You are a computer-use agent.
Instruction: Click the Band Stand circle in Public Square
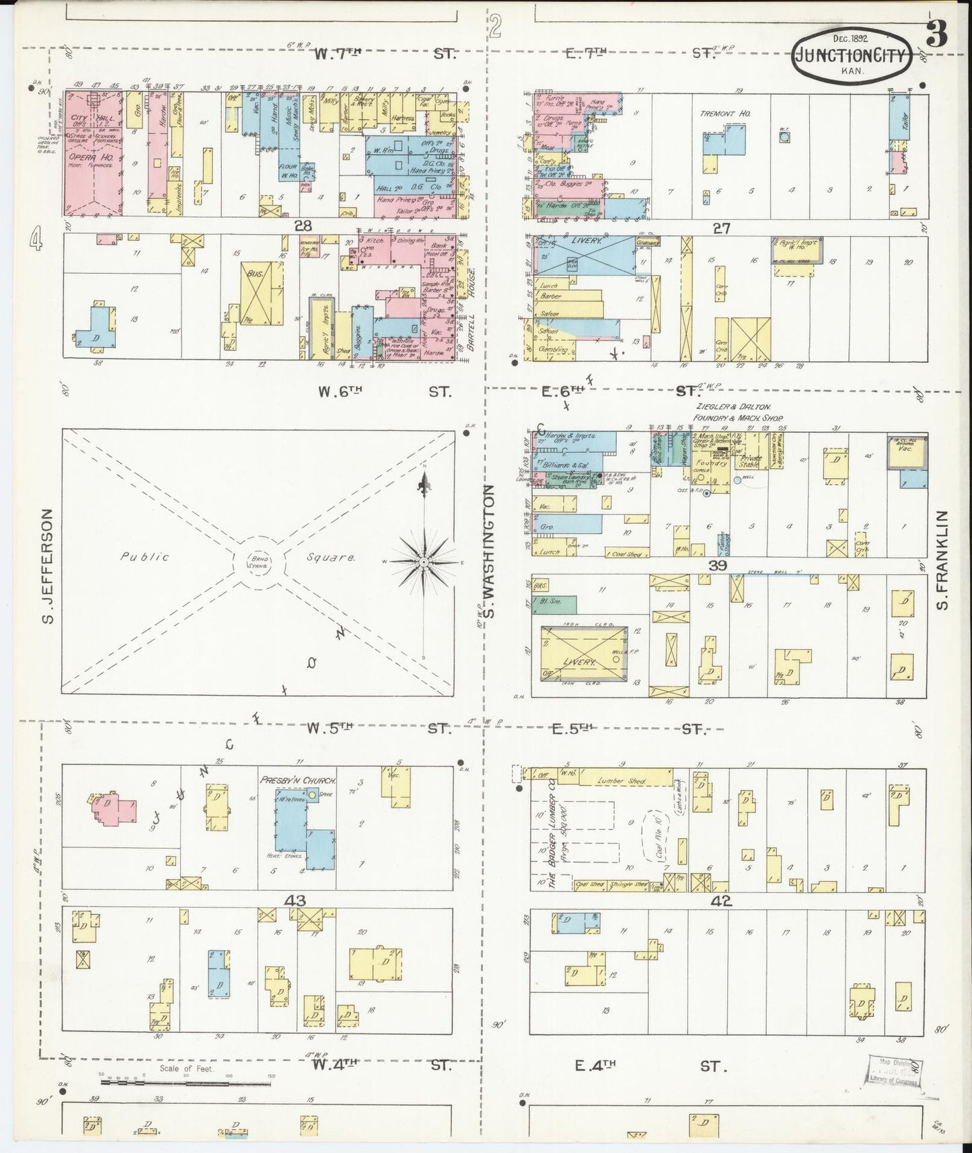pos(260,562)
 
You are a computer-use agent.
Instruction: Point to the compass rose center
pos(424,562)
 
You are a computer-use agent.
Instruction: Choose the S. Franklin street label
pos(943,560)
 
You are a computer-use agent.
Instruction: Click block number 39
pos(718,566)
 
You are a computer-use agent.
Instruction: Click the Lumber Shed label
pos(624,781)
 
